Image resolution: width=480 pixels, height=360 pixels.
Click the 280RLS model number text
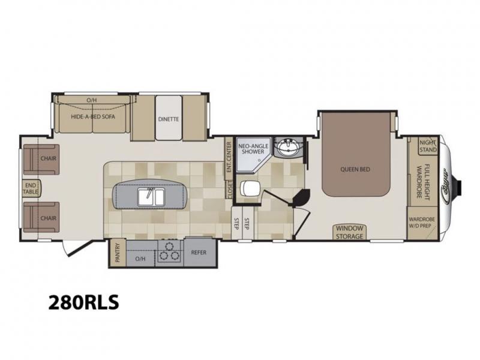83,302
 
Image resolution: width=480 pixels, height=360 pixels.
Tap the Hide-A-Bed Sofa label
93,116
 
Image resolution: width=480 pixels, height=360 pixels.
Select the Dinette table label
169,119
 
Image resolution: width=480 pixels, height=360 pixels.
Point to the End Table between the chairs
31,188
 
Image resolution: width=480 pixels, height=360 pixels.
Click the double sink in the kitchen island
151,197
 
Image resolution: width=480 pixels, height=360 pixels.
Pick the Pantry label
117,253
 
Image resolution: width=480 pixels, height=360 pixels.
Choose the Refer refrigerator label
199,253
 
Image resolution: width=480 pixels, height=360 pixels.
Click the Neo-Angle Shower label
253,149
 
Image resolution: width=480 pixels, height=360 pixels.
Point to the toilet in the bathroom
250,188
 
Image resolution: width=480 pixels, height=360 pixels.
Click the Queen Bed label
355,169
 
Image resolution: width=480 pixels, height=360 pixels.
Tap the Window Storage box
350,232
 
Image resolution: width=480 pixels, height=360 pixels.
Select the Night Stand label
428,146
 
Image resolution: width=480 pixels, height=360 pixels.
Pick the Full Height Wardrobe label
424,182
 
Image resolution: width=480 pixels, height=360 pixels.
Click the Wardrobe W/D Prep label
422,223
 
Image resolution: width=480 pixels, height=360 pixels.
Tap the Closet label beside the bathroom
230,190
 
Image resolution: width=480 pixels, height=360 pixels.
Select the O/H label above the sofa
91,100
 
